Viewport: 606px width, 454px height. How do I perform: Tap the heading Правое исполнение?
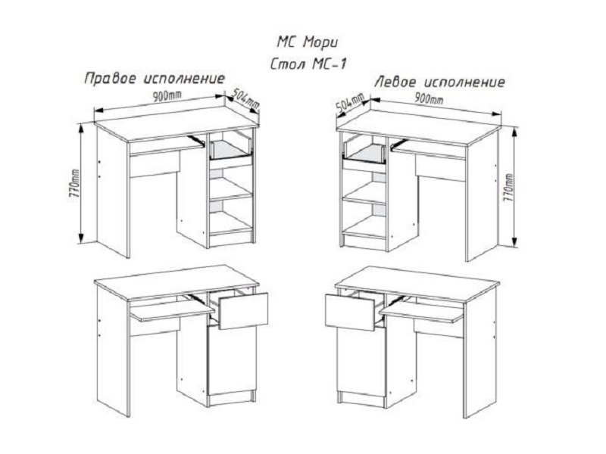click(x=155, y=79)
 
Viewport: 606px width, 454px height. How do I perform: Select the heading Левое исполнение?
click(x=439, y=81)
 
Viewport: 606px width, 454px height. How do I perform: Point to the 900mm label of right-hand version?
click(x=165, y=97)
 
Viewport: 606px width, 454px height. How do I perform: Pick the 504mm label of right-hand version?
click(x=244, y=98)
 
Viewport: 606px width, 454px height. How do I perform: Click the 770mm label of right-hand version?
click(x=74, y=182)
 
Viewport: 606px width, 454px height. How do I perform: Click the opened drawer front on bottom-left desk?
click(x=243, y=311)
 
